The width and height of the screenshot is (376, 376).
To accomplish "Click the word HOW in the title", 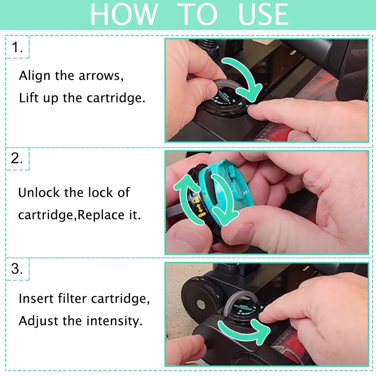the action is [124, 14].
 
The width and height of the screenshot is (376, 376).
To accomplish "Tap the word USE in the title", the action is [263, 14].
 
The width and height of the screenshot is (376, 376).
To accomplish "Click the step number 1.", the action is [17, 47].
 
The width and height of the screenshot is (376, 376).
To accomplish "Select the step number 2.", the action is [17, 158].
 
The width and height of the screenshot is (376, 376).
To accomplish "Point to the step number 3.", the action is [17, 268].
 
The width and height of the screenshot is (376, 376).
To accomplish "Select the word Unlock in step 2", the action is [39, 193].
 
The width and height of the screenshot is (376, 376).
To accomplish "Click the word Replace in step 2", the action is [101, 215].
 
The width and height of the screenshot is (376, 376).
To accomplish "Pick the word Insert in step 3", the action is [36, 299].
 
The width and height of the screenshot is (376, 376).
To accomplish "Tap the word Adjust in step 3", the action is [39, 321].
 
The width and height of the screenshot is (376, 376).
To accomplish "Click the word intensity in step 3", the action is [114, 321].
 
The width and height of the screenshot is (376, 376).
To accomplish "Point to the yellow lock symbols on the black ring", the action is [198, 207].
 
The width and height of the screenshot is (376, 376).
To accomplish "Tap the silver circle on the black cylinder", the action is [201, 305].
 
